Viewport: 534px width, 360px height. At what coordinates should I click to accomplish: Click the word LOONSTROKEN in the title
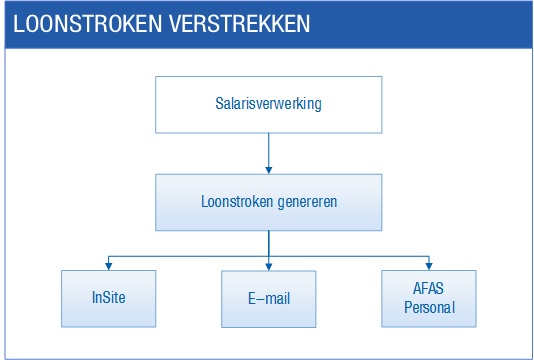coord(88,24)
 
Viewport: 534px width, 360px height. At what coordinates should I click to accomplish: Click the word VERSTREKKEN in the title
coord(239,24)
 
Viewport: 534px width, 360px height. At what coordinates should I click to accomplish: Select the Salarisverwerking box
coord(269,105)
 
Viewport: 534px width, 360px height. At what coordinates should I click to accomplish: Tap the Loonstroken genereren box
coord(269,202)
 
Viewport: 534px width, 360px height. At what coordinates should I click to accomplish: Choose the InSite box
coord(109,299)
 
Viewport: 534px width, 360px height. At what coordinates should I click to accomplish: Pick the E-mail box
coord(269,299)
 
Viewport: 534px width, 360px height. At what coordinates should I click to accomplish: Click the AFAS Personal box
coord(429,299)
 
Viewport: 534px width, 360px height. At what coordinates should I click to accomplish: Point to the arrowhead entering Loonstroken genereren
coord(269,170)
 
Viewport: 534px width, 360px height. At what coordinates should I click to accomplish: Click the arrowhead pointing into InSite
coord(109,266)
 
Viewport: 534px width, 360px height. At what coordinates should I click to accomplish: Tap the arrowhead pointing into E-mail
coord(269,267)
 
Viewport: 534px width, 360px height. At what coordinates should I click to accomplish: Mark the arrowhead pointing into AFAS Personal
coord(429,266)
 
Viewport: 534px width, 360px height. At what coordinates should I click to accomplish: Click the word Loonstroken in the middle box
coord(237,202)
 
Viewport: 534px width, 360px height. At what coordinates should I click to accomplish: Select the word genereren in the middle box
coord(307,203)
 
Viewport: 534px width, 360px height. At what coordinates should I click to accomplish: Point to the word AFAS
coord(428,288)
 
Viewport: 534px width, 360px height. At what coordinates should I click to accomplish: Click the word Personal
coord(429,308)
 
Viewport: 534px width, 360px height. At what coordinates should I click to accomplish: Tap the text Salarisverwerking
coord(268,104)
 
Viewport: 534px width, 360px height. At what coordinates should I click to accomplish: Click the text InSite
coord(109,297)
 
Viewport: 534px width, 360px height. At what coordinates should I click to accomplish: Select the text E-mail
coord(269,299)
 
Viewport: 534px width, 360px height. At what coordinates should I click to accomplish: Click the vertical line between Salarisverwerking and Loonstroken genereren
coord(269,150)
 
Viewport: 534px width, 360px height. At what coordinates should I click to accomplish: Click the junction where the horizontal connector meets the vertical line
coord(269,256)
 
